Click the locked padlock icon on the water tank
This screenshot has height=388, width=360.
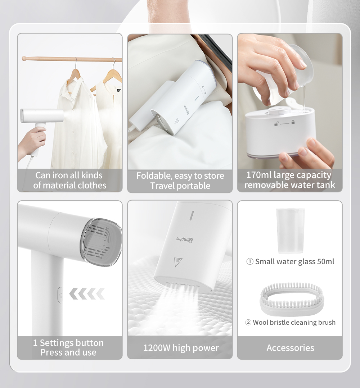tap(293, 122)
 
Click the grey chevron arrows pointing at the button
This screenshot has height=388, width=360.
tap(87, 293)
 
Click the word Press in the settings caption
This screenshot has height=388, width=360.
tap(50, 352)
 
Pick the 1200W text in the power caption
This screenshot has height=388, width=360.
tap(157, 348)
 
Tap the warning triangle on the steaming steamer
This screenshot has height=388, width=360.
tap(177, 262)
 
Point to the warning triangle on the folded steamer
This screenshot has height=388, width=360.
tap(177, 121)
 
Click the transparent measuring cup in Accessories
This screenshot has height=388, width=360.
tap(290, 230)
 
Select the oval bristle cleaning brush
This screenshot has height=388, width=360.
tap(292, 297)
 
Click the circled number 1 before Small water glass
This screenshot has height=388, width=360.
tap(250, 262)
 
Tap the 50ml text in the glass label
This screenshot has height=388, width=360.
tap(325, 261)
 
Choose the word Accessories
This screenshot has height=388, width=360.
tap(290, 348)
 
